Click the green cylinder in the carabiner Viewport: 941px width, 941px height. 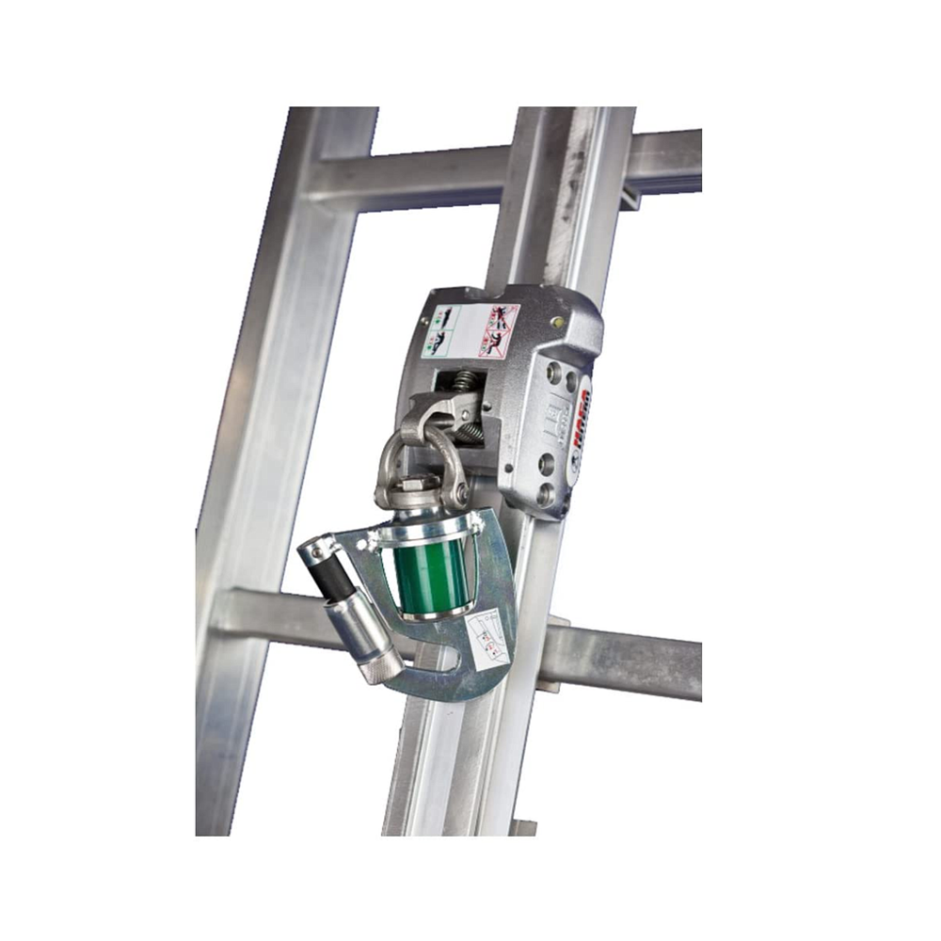(x=430, y=575)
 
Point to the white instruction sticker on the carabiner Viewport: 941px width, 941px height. (x=486, y=640)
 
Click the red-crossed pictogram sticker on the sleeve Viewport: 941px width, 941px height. (x=499, y=330)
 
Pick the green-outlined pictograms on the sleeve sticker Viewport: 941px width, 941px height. (x=441, y=332)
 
